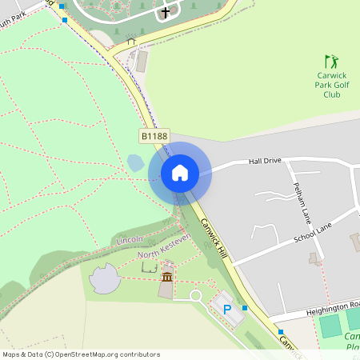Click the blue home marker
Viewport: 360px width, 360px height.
(180, 172)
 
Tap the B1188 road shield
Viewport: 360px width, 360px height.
(154, 137)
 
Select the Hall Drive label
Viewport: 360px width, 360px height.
(266, 161)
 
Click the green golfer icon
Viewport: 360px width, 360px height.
(331, 62)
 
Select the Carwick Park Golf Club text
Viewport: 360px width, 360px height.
(331, 85)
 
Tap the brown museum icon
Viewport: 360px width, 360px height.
(167, 277)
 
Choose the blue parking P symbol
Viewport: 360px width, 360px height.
(227, 309)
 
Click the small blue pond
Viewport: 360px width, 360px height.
(135, 162)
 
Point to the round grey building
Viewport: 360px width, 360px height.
(104, 280)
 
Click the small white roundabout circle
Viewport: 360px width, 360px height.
(194, 296)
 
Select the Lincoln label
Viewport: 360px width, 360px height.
(130, 240)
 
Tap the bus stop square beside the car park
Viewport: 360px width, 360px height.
(245, 307)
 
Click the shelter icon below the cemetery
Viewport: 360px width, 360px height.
(131, 40)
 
